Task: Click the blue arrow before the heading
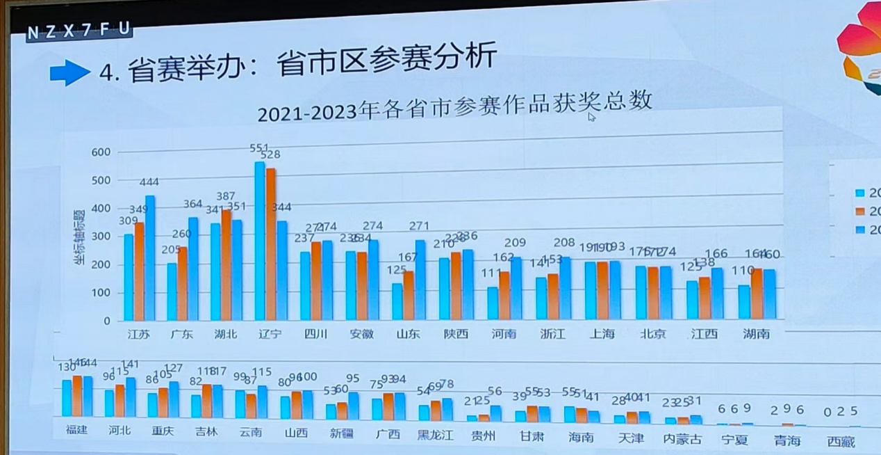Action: [69, 72]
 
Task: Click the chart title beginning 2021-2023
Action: [455, 106]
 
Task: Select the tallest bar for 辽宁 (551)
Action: [260, 240]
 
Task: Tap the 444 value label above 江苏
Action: [149, 182]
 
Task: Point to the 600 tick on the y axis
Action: [101, 152]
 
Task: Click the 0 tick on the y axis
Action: [107, 321]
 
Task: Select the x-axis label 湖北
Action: [226, 334]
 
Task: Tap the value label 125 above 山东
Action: [396, 269]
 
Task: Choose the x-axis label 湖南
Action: [756, 334]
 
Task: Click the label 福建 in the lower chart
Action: [76, 430]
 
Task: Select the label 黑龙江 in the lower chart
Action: [435, 435]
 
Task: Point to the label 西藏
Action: [841, 442]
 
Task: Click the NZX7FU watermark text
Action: [78, 31]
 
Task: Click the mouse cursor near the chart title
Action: [591, 117]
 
